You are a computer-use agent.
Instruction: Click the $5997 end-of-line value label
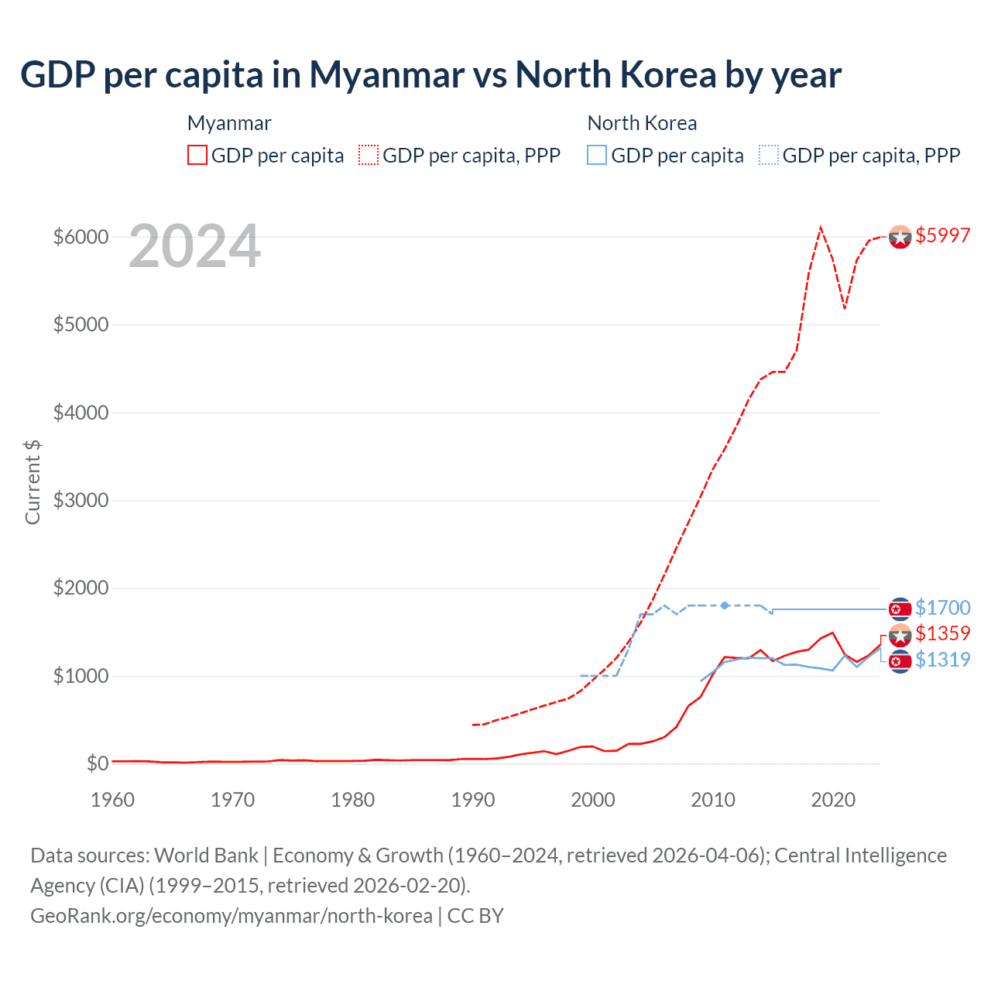click(942, 236)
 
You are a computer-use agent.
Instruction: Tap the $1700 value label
click(942, 609)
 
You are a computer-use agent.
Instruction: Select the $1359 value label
click(942, 634)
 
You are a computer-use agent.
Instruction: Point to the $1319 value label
click(942, 660)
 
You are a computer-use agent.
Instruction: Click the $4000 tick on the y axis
click(81, 413)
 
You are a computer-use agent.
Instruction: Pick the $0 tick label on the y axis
click(97, 764)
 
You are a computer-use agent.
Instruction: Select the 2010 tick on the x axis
click(713, 800)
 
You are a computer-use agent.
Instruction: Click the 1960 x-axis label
click(113, 800)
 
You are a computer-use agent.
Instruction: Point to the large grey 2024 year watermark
click(194, 247)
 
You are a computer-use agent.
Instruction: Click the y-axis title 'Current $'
click(33, 482)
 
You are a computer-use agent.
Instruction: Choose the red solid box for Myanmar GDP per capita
click(197, 156)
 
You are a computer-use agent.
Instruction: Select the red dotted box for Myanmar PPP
click(369, 156)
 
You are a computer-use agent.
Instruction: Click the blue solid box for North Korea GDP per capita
click(597, 156)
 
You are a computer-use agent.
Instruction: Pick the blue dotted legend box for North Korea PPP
click(769, 156)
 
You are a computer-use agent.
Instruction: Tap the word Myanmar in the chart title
click(387, 75)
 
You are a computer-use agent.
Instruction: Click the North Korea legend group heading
click(642, 123)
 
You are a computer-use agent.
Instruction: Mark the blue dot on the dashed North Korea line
click(725, 605)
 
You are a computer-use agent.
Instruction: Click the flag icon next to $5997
click(900, 237)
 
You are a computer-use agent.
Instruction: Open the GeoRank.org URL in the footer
click(231, 916)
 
